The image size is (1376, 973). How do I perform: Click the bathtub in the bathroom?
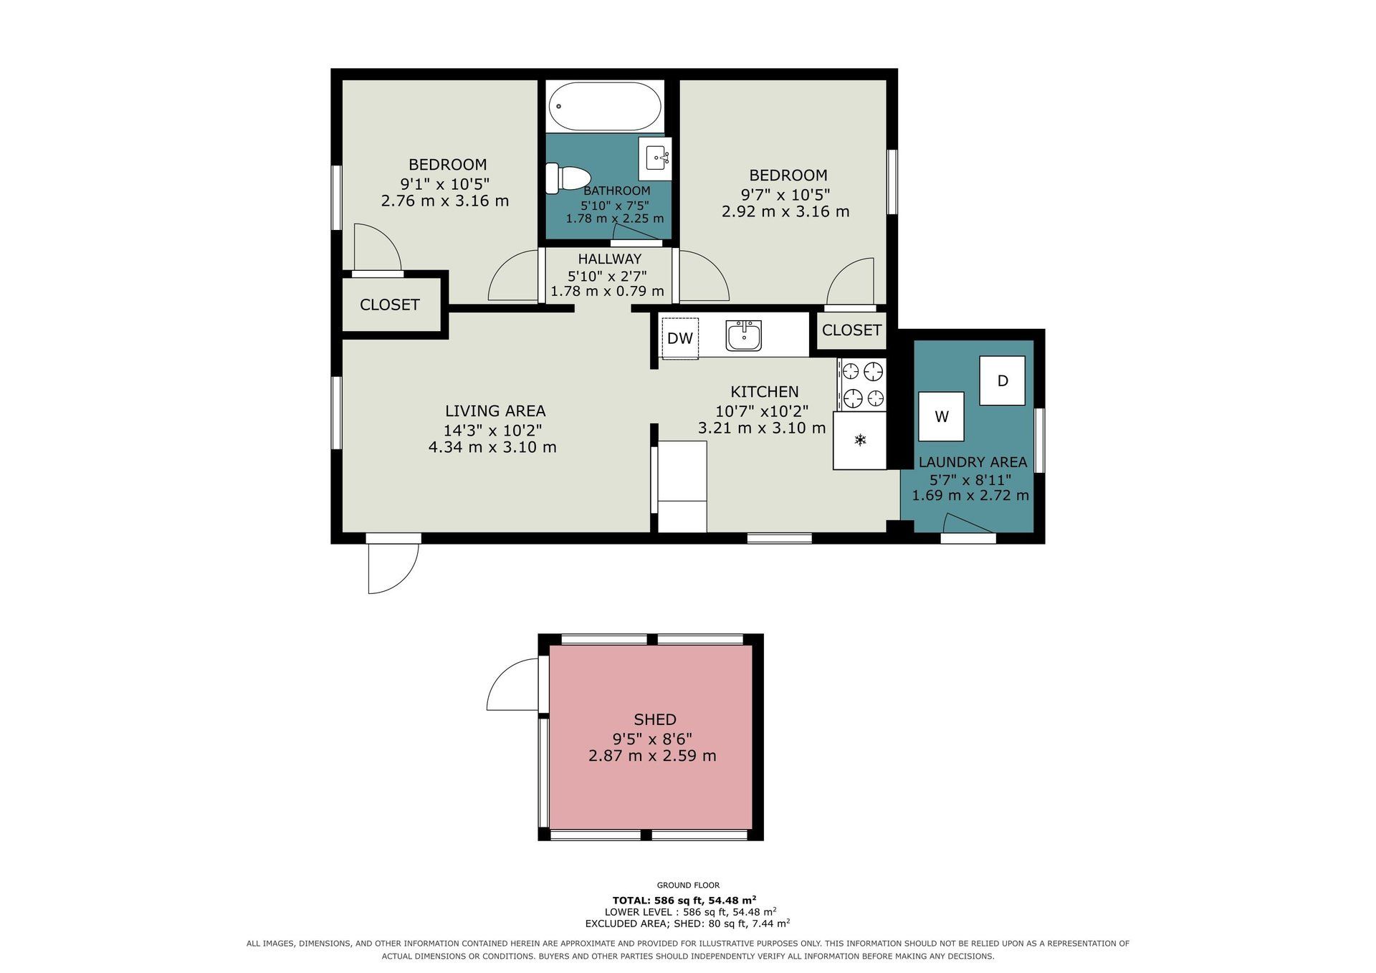(x=605, y=106)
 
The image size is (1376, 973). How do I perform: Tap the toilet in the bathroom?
(x=567, y=178)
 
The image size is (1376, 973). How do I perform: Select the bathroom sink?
(x=656, y=158)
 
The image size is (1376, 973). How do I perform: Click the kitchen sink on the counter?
(x=743, y=335)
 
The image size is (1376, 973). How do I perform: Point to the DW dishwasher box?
(x=680, y=338)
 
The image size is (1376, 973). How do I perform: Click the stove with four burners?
(x=862, y=384)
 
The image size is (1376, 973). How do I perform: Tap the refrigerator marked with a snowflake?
(x=860, y=441)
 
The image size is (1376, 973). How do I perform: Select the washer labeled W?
(x=941, y=416)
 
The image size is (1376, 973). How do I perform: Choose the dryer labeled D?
(x=1003, y=380)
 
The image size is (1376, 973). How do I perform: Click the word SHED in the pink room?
(x=655, y=719)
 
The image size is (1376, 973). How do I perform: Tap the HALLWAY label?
(x=610, y=259)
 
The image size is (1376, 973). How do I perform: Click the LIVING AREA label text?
(x=495, y=411)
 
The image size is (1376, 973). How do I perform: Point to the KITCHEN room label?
(x=764, y=392)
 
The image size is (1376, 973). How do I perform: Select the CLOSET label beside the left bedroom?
(x=390, y=305)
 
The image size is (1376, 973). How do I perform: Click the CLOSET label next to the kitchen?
(x=851, y=330)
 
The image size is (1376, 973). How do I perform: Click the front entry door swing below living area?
(x=401, y=577)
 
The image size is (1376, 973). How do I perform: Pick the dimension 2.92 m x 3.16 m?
(x=785, y=212)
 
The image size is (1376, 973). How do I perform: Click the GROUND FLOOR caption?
(x=688, y=886)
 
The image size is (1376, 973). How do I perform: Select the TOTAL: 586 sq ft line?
(x=684, y=900)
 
